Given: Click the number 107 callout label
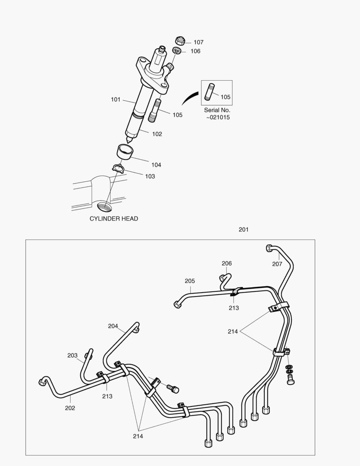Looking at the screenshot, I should [198, 42].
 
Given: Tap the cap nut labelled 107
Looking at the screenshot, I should [180, 41].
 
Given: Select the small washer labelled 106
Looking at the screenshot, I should [177, 51].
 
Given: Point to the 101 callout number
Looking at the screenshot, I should [116, 100].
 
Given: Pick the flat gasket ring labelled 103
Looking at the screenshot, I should [118, 168].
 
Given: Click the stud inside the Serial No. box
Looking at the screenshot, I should [211, 92].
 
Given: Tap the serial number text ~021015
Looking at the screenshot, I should [217, 117].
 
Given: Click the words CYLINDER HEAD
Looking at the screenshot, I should [114, 218].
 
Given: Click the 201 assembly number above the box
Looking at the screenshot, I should [244, 230].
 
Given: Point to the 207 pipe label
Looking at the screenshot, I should [277, 264].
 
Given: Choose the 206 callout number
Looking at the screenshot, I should [227, 263].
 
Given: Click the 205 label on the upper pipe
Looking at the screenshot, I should [190, 281].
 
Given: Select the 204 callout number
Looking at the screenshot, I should [113, 326].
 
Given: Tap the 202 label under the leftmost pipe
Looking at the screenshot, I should [70, 408].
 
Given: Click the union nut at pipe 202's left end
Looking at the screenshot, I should [42, 381].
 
